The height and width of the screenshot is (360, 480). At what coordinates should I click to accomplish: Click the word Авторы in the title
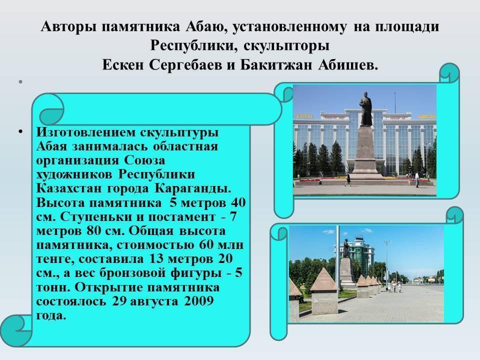68,26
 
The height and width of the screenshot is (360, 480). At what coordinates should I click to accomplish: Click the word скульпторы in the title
287,46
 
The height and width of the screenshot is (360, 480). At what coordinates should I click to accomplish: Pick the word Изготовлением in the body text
85,132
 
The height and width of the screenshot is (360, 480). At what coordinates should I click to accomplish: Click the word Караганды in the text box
193,188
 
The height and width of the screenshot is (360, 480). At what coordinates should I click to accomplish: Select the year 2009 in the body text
198,301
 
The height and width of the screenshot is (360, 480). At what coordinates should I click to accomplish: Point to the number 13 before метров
155,259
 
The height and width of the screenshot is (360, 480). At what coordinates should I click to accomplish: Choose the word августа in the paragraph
153,301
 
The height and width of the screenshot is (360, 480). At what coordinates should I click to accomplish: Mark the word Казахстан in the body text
68,188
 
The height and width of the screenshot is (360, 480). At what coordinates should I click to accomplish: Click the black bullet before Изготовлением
20,132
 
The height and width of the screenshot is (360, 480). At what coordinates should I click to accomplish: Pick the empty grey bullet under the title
20,81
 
